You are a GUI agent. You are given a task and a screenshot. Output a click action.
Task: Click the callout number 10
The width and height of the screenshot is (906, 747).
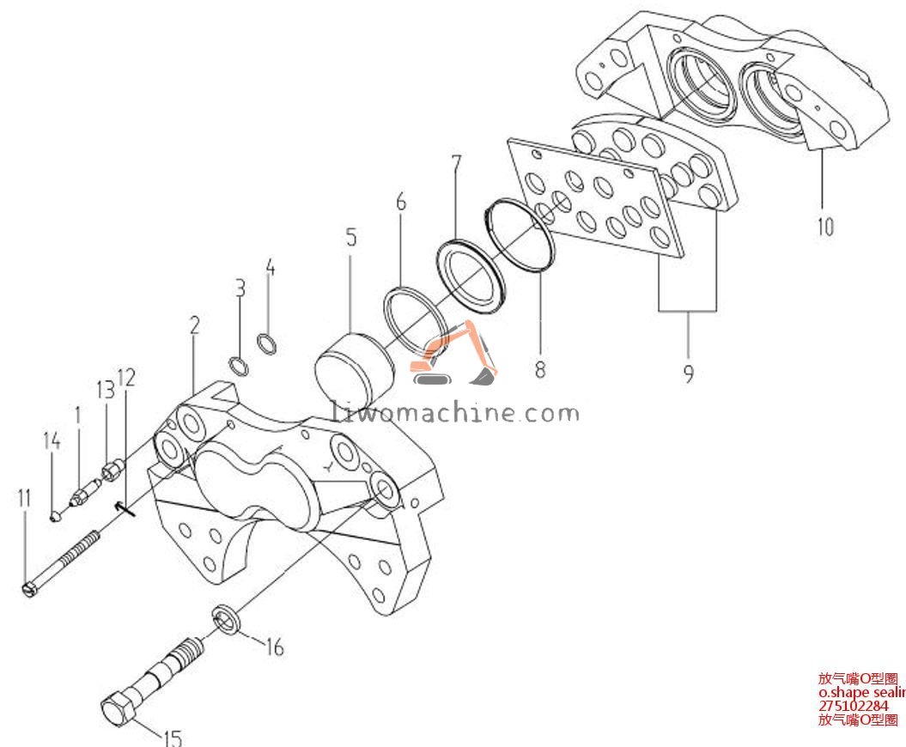tap(824, 228)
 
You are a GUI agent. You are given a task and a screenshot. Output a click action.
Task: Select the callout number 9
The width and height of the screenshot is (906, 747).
tap(689, 373)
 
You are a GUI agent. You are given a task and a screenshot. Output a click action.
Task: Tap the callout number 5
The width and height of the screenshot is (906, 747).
tap(351, 237)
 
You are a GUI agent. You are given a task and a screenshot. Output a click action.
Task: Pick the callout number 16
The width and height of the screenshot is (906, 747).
tap(274, 647)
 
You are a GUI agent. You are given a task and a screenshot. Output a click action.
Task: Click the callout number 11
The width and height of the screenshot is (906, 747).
tap(23, 497)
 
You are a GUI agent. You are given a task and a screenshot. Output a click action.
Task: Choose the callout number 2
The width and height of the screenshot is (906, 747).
tap(195, 325)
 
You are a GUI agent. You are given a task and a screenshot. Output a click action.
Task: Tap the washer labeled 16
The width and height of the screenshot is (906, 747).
tap(226, 618)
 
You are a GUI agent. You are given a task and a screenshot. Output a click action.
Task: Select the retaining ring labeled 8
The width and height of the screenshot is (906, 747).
tap(519, 237)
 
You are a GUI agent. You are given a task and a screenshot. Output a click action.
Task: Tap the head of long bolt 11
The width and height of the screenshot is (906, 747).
tap(28, 590)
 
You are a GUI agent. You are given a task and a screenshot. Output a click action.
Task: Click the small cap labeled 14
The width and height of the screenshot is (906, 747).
tap(54, 515)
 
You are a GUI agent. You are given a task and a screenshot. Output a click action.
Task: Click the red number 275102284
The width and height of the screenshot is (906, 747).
tap(853, 706)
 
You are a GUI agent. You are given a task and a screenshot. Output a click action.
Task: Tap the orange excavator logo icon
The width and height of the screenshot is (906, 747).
tap(453, 354)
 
